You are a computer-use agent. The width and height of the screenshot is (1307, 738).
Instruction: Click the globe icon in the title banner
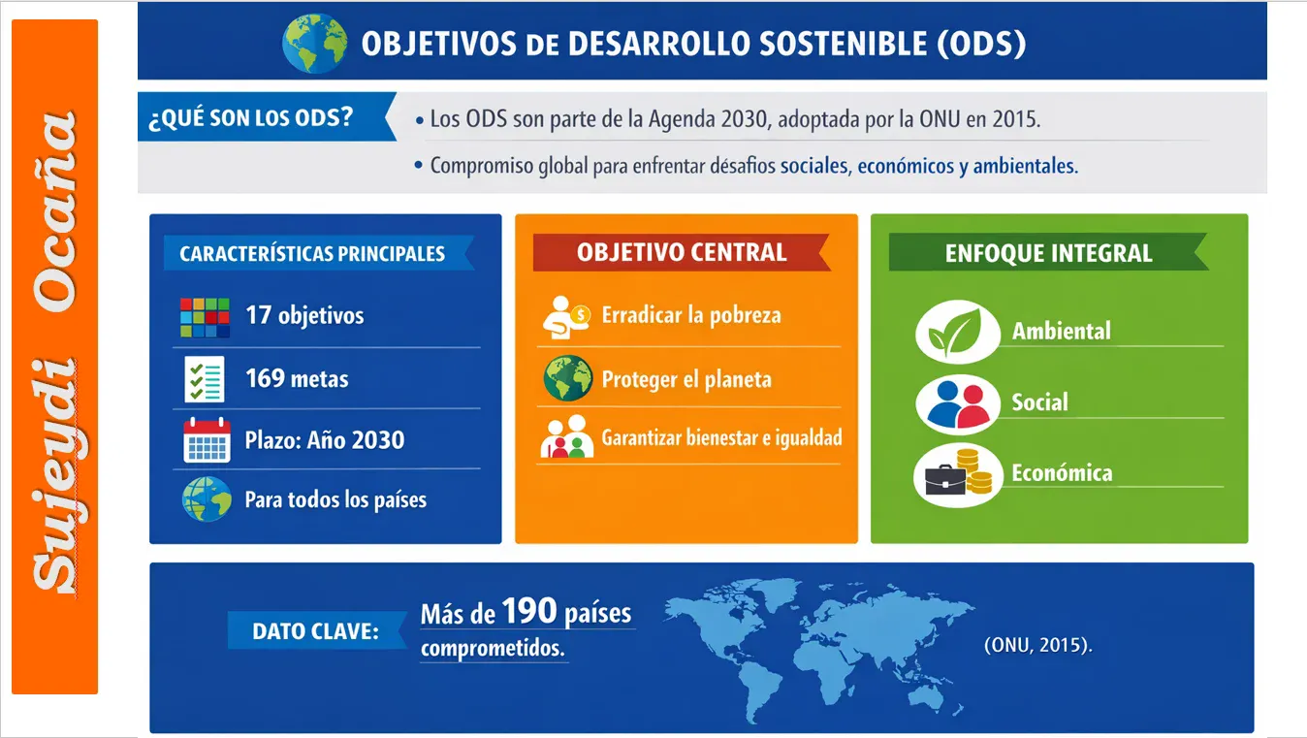click(x=315, y=44)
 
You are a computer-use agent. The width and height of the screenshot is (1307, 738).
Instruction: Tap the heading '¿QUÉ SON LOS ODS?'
click(x=251, y=118)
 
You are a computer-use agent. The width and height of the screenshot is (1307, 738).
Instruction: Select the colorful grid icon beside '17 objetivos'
click(x=205, y=317)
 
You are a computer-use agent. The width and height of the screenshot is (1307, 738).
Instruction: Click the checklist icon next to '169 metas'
click(x=205, y=379)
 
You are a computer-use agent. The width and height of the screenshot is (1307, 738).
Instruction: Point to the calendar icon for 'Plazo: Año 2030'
click(x=207, y=440)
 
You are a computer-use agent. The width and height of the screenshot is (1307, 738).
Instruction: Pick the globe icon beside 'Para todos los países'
click(x=207, y=498)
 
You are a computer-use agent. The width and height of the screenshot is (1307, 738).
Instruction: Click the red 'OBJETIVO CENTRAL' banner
click(x=682, y=252)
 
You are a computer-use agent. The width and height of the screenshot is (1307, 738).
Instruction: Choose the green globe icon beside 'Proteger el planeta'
click(x=568, y=378)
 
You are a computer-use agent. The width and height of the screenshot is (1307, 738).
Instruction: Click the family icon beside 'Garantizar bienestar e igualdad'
click(x=566, y=436)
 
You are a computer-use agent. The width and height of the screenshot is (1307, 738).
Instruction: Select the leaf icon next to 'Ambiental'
click(x=958, y=332)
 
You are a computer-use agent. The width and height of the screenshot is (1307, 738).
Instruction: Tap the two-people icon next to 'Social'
click(x=958, y=403)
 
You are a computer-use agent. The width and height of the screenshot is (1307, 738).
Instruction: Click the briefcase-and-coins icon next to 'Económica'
click(x=958, y=475)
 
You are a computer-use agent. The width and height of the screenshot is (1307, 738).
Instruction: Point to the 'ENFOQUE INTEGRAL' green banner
click(x=1048, y=252)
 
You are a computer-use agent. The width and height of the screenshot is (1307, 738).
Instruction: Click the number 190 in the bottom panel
click(x=529, y=611)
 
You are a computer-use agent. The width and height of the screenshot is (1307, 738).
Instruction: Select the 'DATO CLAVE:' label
click(x=316, y=631)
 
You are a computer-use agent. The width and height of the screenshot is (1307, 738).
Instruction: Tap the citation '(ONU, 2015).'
click(x=1038, y=645)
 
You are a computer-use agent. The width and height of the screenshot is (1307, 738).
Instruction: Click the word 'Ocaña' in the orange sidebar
click(x=55, y=211)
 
